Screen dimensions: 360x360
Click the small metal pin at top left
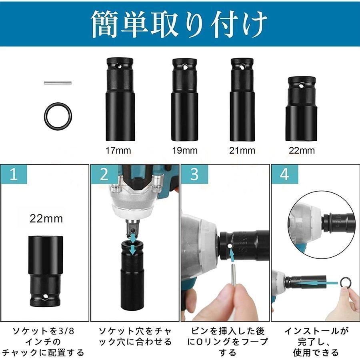tap(57, 83)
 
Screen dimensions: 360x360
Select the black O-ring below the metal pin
tap(57, 115)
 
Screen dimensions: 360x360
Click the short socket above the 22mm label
tap(302, 108)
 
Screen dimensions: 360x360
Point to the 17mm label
tap(118, 151)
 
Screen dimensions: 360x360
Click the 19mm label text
tap(184, 151)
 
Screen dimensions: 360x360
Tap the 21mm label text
tap(242, 151)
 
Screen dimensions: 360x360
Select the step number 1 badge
tap(14, 175)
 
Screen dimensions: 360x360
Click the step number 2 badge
tap(104, 175)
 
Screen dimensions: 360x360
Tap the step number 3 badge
tap(194, 175)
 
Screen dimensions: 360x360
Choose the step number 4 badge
tap(284, 175)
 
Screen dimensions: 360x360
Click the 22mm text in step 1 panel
tap(46, 219)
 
